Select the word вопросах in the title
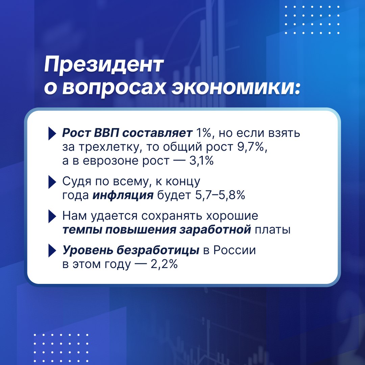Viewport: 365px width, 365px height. point(114,89)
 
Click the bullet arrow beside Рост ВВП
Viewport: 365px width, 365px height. point(52,133)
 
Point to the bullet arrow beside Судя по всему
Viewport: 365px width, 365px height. point(52,182)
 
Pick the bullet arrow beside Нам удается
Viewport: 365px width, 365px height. point(52,216)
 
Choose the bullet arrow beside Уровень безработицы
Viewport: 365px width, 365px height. point(52,250)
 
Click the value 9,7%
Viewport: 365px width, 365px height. point(252,147)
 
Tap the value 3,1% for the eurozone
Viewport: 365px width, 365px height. point(201,161)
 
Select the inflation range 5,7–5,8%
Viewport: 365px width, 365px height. point(220,195)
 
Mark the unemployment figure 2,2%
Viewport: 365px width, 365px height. point(164,264)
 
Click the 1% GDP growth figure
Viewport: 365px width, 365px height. point(203,133)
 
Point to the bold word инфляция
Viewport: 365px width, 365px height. point(123,196)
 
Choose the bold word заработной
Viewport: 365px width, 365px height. point(215,230)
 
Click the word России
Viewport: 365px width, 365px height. point(235,250)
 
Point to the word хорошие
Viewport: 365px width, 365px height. point(232,216)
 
